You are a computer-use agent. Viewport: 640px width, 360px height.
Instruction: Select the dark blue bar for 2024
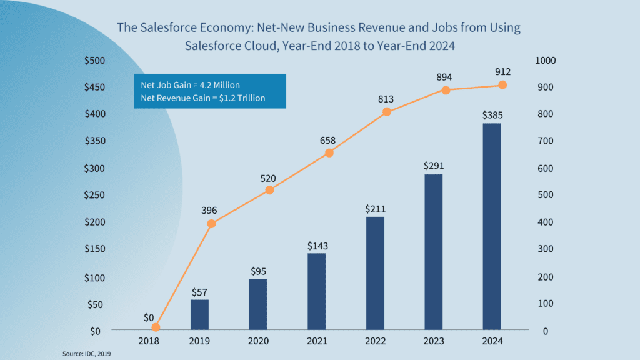pyautogui.click(x=491, y=226)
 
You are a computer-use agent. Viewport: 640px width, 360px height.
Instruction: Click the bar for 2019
pyautogui.click(x=200, y=314)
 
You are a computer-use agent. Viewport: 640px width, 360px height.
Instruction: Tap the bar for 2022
pyautogui.click(x=375, y=272)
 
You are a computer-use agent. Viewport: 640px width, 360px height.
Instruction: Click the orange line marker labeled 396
pyautogui.click(x=211, y=223)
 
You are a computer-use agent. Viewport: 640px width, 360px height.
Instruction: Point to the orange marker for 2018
pyautogui.click(x=156, y=327)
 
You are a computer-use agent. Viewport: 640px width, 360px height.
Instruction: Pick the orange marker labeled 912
pyautogui.click(x=502, y=85)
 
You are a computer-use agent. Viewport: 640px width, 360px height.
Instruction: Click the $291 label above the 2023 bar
pyautogui.click(x=433, y=166)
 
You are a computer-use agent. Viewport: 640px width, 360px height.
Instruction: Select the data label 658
pyautogui.click(x=329, y=139)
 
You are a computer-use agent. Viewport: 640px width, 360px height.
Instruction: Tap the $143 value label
pyautogui.click(x=317, y=246)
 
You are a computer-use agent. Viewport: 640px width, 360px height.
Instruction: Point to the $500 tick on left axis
pyautogui.click(x=94, y=60)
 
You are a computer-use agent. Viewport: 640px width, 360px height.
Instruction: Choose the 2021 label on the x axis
pyautogui.click(x=317, y=341)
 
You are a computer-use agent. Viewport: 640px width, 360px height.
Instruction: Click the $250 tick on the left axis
pyautogui.click(x=94, y=195)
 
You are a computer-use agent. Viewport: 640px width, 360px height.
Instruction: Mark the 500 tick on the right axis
pyautogui.click(x=544, y=195)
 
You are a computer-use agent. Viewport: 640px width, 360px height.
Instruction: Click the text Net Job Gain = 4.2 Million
pyautogui.click(x=190, y=84)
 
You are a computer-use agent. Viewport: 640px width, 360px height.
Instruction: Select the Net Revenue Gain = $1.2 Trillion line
pyautogui.click(x=202, y=98)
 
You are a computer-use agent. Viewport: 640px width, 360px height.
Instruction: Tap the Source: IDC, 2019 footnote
pyautogui.click(x=86, y=354)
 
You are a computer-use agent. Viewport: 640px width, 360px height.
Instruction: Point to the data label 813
pyautogui.click(x=387, y=99)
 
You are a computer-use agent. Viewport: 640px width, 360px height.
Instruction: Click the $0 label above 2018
pyautogui.click(x=148, y=317)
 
